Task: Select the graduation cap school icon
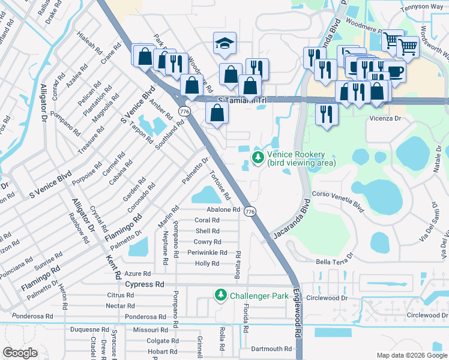coord(224,43)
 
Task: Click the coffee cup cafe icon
coord(395,71)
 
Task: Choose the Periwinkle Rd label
coord(207,253)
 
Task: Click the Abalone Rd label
coord(223,209)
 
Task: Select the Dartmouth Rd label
coord(271,349)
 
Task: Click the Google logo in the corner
coord(20,353)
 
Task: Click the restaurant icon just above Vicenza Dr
coord(326,112)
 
